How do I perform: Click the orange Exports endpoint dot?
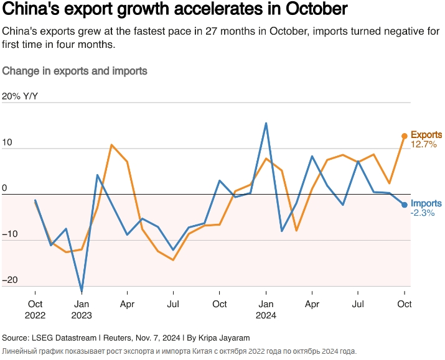[405, 136]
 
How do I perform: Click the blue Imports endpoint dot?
[405, 205]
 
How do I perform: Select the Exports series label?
[426, 134]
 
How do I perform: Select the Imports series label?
[426, 203]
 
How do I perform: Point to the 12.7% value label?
[424, 144]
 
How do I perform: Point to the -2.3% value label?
[423, 213]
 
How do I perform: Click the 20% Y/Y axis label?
[21, 96]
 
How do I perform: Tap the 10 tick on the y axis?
[7, 142]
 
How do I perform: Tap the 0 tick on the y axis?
[4, 188]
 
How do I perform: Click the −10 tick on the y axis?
[10, 234]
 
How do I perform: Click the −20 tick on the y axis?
[10, 280]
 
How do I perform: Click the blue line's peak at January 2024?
[266, 123]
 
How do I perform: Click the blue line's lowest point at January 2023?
[82, 290]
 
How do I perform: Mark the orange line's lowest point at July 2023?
[173, 259]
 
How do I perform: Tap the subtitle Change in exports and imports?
[75, 71]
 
